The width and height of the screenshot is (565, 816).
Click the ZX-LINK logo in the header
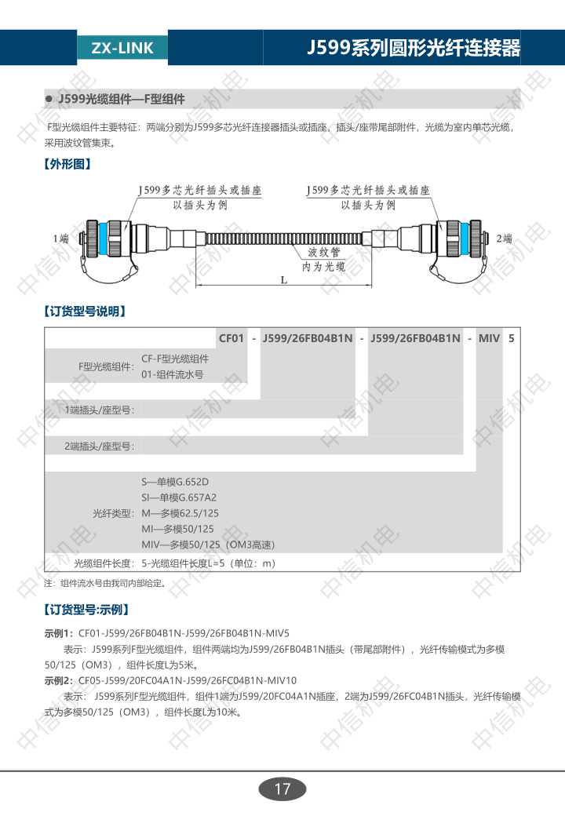click(x=122, y=48)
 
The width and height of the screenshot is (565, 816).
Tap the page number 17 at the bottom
click(x=282, y=789)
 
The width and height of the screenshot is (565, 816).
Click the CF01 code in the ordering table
click(x=231, y=338)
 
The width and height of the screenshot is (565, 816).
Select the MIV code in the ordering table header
click(x=489, y=338)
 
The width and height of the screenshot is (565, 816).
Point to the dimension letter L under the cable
click(x=284, y=280)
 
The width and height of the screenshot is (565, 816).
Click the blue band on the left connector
click(x=103, y=239)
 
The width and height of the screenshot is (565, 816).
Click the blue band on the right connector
click(x=465, y=239)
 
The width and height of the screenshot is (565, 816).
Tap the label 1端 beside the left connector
click(x=61, y=239)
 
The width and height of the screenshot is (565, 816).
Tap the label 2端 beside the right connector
click(x=504, y=239)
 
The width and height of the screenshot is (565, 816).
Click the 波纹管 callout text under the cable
click(x=323, y=253)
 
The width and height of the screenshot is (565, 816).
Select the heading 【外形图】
click(x=67, y=164)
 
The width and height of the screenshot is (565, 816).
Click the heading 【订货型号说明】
click(x=86, y=311)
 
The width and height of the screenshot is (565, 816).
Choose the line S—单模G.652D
click(x=175, y=482)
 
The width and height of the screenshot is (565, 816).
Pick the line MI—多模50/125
click(x=177, y=529)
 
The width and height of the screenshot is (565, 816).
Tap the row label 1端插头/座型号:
click(x=100, y=410)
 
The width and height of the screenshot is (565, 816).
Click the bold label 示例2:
click(x=59, y=680)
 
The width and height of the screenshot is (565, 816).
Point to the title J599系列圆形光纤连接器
click(x=414, y=47)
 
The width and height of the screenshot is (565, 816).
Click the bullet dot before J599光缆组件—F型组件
click(x=49, y=99)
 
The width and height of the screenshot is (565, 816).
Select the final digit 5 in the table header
click(x=512, y=338)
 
